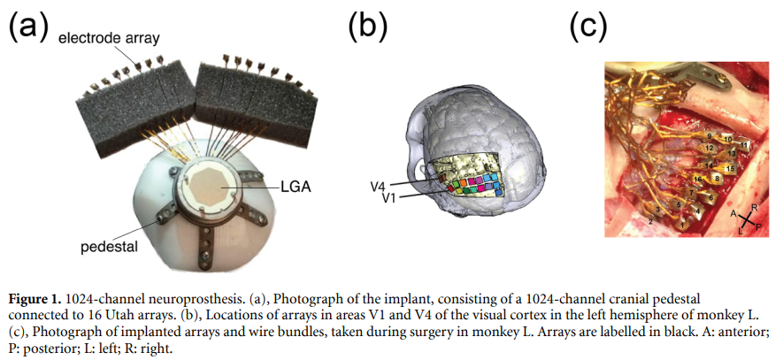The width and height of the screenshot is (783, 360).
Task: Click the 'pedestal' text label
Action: point(111,248)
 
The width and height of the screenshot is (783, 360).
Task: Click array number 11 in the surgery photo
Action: point(744,143)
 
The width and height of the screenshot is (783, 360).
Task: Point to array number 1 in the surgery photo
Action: point(682,226)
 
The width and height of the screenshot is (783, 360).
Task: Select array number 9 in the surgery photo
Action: point(708,135)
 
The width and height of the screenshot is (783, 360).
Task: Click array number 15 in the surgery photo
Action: point(729,168)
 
